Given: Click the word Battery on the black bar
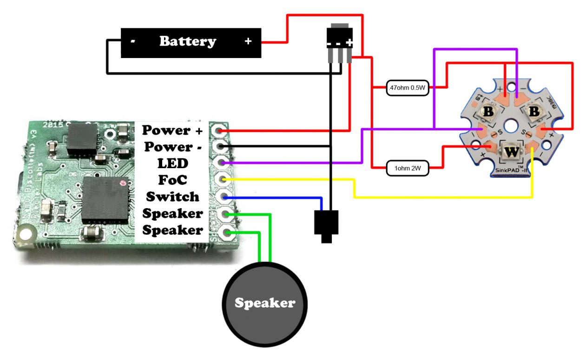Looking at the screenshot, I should [x=187, y=42].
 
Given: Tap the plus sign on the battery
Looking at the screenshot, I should [x=248, y=42].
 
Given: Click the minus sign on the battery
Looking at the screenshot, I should [x=133, y=42].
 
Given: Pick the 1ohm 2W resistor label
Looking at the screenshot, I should [x=408, y=168].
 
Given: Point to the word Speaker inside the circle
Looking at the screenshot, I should [x=264, y=303].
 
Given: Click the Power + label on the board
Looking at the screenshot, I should [x=172, y=131].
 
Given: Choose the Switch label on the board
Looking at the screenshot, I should [x=172, y=197].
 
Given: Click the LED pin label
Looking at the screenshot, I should [x=172, y=164].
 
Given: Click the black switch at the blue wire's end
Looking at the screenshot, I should [x=326, y=225].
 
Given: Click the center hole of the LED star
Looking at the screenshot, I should [x=511, y=125].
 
